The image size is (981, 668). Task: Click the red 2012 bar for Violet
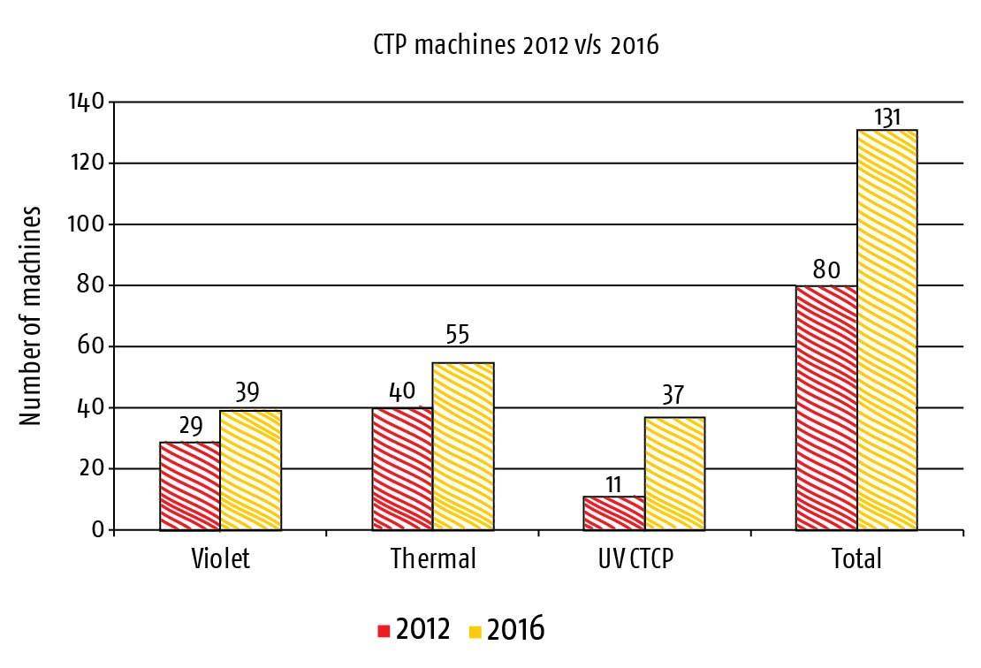tap(190, 486)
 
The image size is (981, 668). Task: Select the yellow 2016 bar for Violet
tap(251, 470)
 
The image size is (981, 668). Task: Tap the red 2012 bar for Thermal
tap(402, 469)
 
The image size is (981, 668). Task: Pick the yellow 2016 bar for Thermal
tap(463, 446)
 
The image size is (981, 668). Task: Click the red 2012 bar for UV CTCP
tap(613, 513)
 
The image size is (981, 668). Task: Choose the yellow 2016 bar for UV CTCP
tap(674, 474)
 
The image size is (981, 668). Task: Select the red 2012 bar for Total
tap(826, 408)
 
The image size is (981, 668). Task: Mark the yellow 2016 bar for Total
tap(887, 330)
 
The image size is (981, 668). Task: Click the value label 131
tap(887, 117)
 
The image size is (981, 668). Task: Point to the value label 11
tap(613, 484)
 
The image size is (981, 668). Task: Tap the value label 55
tap(457, 335)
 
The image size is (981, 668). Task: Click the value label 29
tap(191, 427)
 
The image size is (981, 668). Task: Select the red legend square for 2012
tap(384, 631)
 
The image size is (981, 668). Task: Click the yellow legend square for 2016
tap(475, 632)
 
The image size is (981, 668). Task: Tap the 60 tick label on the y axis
tap(91, 345)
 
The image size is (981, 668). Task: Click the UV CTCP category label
tap(635, 558)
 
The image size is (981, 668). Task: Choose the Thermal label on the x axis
tap(434, 558)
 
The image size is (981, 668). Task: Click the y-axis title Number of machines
tap(29, 315)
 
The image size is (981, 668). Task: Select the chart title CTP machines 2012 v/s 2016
tap(516, 45)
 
